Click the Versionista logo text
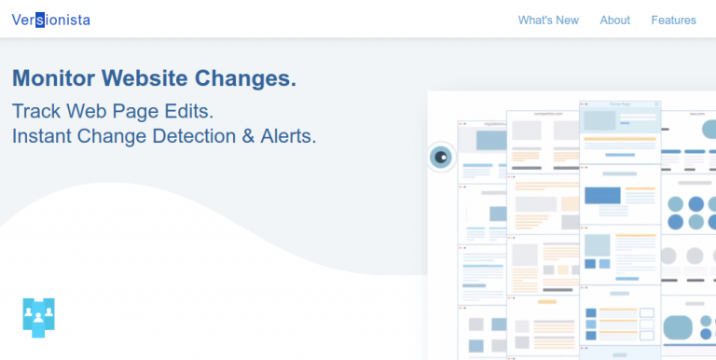51,20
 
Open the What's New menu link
548,21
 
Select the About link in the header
615,21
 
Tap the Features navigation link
673,21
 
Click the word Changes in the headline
247,77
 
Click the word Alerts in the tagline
288,136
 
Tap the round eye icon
442,157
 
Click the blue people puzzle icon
38,317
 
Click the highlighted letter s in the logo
40,21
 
